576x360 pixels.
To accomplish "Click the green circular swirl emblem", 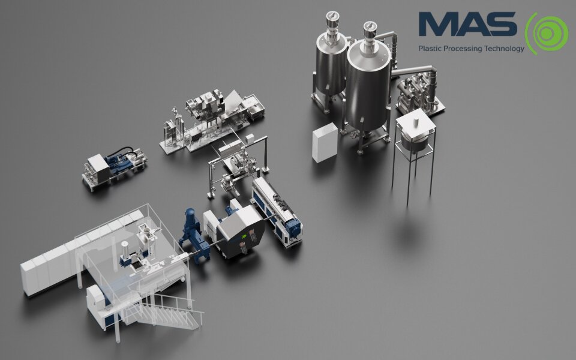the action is [x=547, y=34].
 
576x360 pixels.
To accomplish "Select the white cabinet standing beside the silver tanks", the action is [x=325, y=143].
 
